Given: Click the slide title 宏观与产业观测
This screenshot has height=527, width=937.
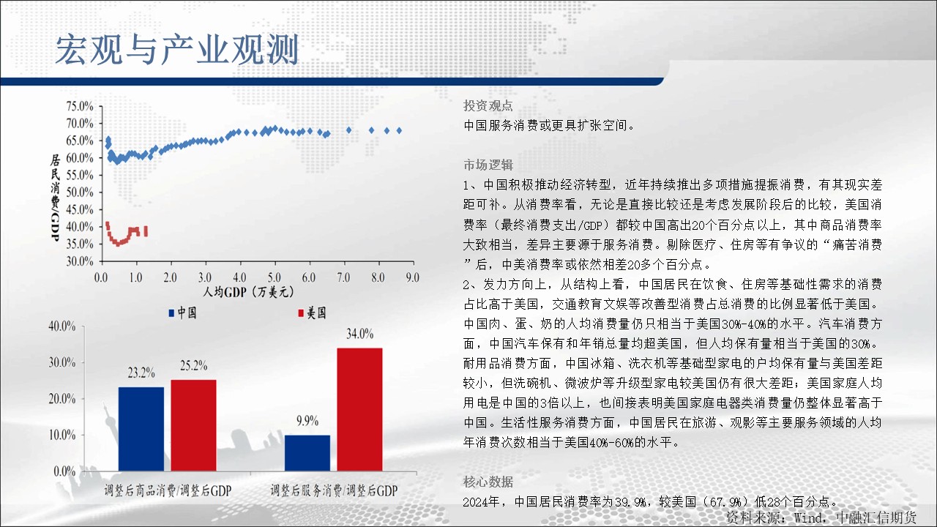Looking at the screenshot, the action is (177, 51).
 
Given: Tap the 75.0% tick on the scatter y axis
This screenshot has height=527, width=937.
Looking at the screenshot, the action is (80, 106).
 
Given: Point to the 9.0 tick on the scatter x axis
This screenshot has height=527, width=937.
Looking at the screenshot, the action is (412, 277).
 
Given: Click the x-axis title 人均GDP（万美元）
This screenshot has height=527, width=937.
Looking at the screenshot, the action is (248, 291).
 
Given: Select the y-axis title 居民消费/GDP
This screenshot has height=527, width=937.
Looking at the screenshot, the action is (55, 197).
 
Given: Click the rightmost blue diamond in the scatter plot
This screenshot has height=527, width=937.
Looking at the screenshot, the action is (399, 130).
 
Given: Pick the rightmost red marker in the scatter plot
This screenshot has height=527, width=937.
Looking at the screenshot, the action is (146, 231).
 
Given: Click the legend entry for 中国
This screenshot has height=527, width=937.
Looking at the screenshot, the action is (182, 313).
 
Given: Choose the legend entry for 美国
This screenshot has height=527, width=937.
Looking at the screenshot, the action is (312, 313).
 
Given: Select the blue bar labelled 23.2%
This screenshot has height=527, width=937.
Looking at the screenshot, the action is (141, 429).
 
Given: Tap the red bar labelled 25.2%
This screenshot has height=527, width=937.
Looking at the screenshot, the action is (194, 426).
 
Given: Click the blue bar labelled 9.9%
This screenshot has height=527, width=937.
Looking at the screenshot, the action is (307, 453).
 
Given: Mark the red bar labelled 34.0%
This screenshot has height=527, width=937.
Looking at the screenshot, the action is (359, 410).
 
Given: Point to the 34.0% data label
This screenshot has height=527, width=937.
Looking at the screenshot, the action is (359, 334).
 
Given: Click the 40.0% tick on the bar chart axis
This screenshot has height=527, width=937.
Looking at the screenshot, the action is (62, 326).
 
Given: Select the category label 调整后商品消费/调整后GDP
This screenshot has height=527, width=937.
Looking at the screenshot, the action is (168, 490).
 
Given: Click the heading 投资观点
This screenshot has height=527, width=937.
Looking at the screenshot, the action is (488, 105).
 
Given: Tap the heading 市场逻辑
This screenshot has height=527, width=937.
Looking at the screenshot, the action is (488, 165).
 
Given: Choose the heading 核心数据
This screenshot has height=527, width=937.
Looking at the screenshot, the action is (488, 482).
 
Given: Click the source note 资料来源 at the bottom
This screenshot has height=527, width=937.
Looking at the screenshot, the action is (821, 517).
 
